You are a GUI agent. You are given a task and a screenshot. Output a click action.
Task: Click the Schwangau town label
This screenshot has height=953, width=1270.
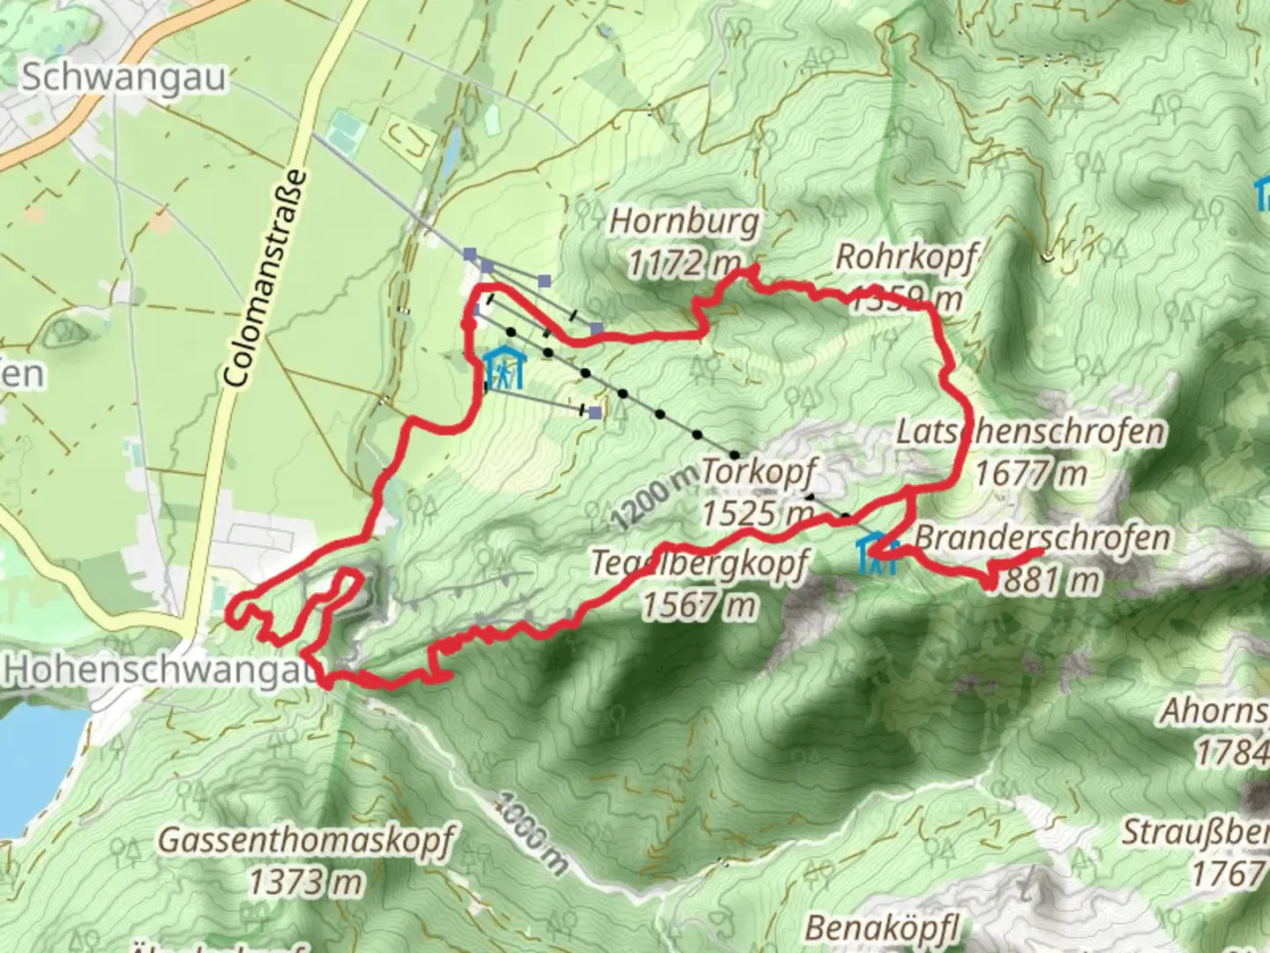123,78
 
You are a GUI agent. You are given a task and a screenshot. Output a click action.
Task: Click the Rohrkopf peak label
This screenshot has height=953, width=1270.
906,258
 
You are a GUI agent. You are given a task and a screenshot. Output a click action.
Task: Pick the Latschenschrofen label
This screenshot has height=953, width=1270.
1030,432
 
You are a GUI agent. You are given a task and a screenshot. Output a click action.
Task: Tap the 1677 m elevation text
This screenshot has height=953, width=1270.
1030,474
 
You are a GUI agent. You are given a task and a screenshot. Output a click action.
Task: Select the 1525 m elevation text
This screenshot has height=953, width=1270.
757,512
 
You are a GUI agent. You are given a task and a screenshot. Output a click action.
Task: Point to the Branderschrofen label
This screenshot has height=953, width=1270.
1042,537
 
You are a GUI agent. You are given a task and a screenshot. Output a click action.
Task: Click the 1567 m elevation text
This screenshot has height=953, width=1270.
698,605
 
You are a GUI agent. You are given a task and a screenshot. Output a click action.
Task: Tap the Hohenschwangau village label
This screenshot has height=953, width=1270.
159,670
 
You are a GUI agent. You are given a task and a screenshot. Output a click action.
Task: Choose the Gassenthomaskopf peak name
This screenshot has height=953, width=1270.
306,839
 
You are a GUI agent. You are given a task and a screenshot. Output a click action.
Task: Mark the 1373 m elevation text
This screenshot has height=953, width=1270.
305,881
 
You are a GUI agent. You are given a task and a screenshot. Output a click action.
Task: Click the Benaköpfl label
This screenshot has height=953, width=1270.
881,927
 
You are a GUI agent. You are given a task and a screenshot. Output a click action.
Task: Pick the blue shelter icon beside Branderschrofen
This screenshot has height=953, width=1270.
878,555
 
